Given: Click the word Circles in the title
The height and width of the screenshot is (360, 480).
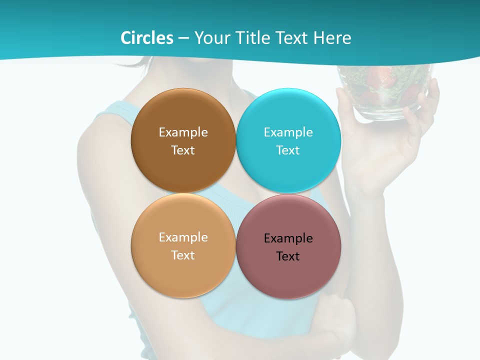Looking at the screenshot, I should pos(147,38).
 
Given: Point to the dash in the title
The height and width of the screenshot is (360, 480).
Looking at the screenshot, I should pos(183,38).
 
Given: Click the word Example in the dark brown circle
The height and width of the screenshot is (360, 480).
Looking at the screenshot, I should pos(183,132).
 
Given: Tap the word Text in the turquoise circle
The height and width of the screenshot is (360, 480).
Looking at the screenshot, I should pos(288,150).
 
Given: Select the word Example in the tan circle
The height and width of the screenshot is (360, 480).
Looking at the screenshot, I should pos(183,237).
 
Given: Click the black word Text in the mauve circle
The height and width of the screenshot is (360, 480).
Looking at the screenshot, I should pos(288,256).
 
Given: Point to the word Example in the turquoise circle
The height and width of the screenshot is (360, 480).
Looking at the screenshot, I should pos(288,132).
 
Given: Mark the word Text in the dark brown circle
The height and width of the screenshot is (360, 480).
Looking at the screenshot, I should pos(183,150).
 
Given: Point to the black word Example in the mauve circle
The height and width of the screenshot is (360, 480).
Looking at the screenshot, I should pos(288,238).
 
